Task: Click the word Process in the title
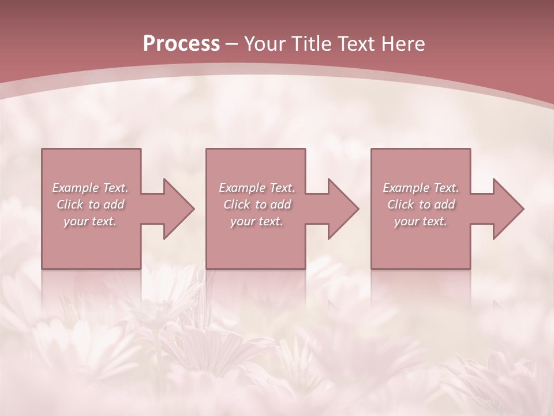pos(181,43)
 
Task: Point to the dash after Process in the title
pos(232,44)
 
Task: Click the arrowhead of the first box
pos(177,209)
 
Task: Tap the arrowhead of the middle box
pos(341,209)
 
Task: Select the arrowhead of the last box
pos(506,209)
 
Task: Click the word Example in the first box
pos(75,188)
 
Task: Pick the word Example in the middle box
pos(242,188)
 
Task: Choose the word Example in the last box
pos(406,188)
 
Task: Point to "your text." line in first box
pos(90,221)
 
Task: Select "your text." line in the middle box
pos(257,221)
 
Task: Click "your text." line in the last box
pos(421,221)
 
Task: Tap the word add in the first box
pos(114,205)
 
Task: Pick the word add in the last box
pos(445,205)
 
